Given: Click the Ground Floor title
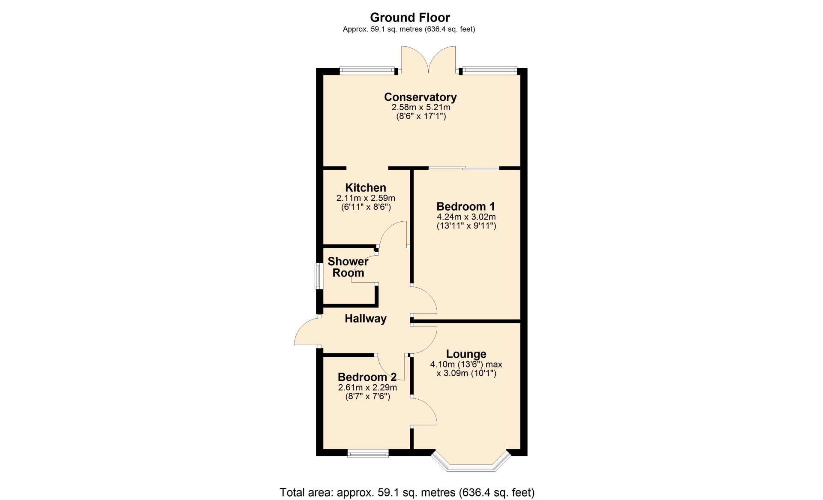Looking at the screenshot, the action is [x=410, y=18].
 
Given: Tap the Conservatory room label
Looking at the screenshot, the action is [x=420, y=97].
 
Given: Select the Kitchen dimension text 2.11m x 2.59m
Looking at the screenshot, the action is [x=366, y=198].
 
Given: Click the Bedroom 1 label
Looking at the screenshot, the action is [x=466, y=206].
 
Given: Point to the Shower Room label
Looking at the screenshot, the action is [x=348, y=267].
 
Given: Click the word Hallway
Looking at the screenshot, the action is [x=366, y=319].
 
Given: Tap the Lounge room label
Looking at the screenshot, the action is [x=466, y=354].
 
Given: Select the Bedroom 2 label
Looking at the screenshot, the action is [x=367, y=377].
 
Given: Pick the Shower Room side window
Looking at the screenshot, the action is [x=318, y=276].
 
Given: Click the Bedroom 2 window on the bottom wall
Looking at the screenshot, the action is [x=368, y=453].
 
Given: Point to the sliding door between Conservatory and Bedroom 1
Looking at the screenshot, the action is [x=464, y=168].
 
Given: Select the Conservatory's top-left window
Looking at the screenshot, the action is [x=367, y=70].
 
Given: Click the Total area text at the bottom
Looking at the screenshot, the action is [x=407, y=492].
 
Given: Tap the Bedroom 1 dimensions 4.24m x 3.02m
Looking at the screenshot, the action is [x=466, y=217].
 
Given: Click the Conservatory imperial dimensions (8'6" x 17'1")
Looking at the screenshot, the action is [x=421, y=116].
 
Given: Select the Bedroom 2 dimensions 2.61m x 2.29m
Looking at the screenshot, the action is [x=367, y=388].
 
